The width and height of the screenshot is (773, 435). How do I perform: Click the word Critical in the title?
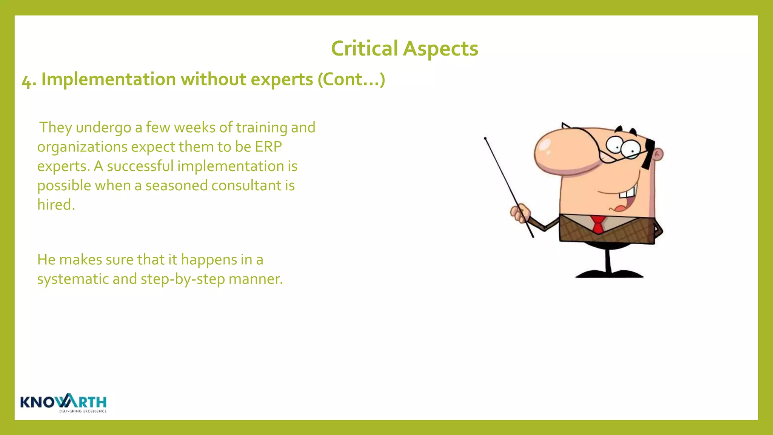coord(364,49)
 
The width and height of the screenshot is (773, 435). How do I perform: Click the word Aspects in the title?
coord(440,49)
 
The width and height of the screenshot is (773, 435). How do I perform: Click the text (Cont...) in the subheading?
coord(351,79)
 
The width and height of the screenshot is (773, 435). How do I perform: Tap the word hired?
coord(56,205)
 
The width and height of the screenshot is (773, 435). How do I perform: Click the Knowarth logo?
coord(63,403)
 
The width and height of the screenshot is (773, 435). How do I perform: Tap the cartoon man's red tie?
coord(598,224)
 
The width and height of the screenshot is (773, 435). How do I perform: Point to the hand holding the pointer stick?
coord(520,213)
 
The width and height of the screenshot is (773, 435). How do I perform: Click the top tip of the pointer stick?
coord(485,139)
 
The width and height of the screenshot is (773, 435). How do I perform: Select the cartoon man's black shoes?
coord(609,274)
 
